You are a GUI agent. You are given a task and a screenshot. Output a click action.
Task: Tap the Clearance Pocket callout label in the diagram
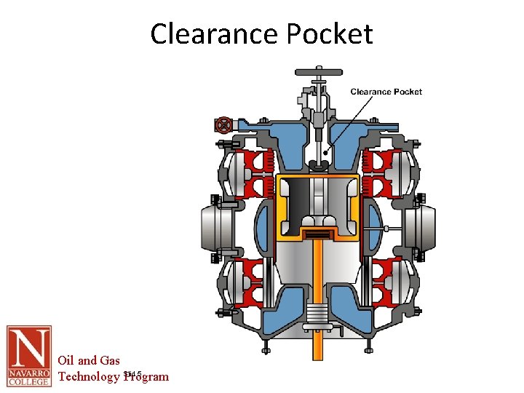(x=386, y=92)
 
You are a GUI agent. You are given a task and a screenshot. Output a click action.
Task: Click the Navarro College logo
(x=29, y=356)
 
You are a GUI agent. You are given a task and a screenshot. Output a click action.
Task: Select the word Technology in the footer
(x=89, y=376)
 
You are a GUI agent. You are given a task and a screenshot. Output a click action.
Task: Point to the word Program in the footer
(x=147, y=376)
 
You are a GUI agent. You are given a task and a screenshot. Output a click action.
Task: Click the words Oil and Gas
(x=89, y=360)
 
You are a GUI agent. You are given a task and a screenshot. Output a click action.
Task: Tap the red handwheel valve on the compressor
(x=223, y=124)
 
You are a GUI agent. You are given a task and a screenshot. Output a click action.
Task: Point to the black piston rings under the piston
(x=317, y=233)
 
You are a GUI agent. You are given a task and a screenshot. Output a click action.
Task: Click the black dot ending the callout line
(x=324, y=154)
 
